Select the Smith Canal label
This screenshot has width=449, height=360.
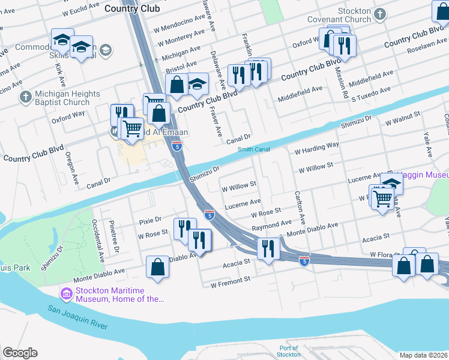pyautogui.click(x=253, y=149)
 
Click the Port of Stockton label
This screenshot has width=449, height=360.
pyautogui.click(x=289, y=351)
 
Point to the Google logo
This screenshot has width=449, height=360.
pyautogui.click(x=20, y=353)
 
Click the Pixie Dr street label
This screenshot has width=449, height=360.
pyautogui.click(x=150, y=220)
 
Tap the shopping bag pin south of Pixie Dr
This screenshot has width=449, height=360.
pyautogui.click(x=157, y=268)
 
